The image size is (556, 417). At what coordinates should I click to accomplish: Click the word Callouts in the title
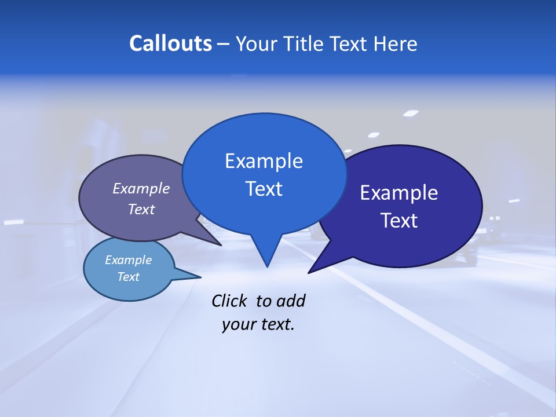tap(170, 43)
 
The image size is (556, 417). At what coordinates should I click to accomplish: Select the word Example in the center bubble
tap(264, 161)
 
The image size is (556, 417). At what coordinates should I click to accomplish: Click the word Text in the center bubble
tap(264, 188)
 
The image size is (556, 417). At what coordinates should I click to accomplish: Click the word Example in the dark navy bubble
tap(398, 193)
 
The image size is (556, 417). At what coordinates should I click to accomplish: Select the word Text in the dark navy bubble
tap(399, 220)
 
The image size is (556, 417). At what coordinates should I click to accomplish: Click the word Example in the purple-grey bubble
tap(141, 188)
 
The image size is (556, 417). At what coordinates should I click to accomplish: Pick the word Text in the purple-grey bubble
tap(141, 209)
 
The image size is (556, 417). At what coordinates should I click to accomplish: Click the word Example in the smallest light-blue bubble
tap(128, 260)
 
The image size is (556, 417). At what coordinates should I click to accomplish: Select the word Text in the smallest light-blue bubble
tap(128, 277)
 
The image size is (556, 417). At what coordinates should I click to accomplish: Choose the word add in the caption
tap(291, 301)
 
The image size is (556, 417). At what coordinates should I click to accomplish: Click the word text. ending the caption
tap(275, 324)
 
